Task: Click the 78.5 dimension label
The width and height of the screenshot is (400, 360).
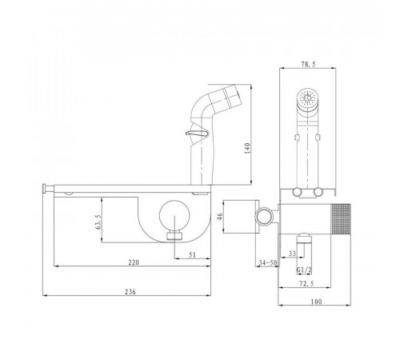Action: coord(308,64)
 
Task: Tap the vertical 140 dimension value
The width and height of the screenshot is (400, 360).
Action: coord(247,148)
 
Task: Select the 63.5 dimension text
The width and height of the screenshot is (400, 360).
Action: coord(98,222)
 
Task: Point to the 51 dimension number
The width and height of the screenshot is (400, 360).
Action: coord(192,255)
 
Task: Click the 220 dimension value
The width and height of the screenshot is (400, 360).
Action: coord(134,262)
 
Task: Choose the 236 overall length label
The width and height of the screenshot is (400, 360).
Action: coord(130,292)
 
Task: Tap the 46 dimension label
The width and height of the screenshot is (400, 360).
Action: coord(219,216)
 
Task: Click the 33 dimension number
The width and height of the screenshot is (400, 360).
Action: coord(292,254)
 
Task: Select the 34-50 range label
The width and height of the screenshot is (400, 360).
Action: coord(268,263)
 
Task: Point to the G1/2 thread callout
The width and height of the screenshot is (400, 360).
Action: coord(304,270)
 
